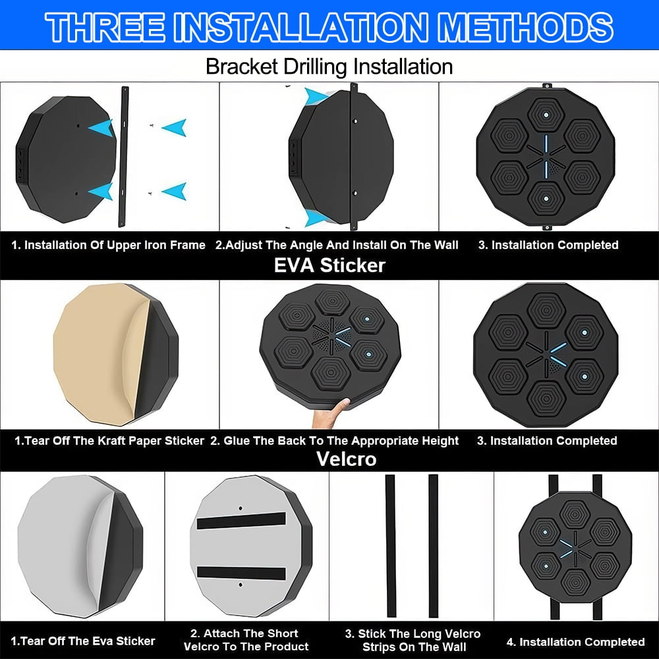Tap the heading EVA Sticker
[x=329, y=265]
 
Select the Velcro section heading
[x=346, y=459]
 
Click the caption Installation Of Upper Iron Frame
[x=108, y=245]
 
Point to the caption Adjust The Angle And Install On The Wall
[x=337, y=245]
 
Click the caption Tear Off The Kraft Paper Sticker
[x=109, y=441]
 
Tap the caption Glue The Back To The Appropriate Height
[x=335, y=441]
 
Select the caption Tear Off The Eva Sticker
[x=83, y=641]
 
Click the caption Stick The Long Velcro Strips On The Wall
[x=413, y=640]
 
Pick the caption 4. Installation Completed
[x=576, y=642]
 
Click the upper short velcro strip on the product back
[x=241, y=521]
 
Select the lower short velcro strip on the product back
[x=241, y=573]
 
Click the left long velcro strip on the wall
[x=390, y=546]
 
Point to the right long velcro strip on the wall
[x=434, y=546]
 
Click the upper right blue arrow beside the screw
[x=175, y=128]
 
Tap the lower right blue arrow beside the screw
[x=175, y=192]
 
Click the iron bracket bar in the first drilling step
[x=124, y=157]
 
